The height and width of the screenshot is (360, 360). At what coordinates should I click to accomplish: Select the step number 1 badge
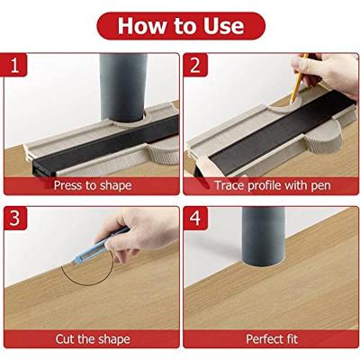[x=15, y=65]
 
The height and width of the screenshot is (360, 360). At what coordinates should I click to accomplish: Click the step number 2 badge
[x=195, y=65]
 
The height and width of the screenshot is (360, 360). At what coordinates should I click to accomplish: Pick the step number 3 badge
[x=15, y=218]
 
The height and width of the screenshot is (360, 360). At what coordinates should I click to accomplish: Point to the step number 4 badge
[x=195, y=218]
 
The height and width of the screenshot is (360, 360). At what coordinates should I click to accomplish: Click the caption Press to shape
[x=93, y=185]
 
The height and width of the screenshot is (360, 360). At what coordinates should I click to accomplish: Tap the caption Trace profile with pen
[x=273, y=185]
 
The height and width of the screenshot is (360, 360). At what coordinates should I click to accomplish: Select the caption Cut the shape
[x=93, y=339]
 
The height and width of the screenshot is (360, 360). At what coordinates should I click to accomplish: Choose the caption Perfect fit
[x=272, y=339]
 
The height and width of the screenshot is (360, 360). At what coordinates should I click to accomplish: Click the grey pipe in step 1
[x=123, y=87]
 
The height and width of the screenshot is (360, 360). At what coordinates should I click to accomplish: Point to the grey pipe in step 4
[x=264, y=237]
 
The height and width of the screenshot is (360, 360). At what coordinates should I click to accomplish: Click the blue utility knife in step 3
[x=99, y=246]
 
